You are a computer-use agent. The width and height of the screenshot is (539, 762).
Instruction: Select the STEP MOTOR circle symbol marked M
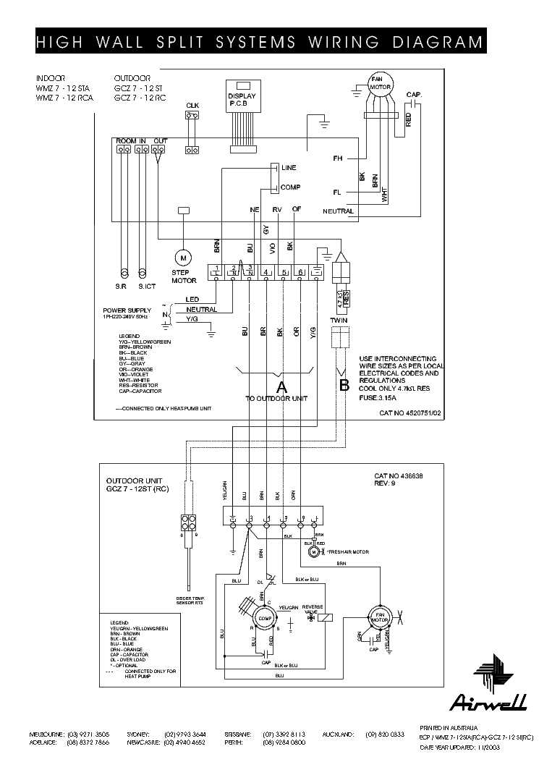click(x=183, y=257)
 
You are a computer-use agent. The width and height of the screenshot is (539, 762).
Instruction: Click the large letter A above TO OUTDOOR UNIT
click(x=282, y=386)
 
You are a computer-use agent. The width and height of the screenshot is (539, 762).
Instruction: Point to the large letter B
click(x=344, y=385)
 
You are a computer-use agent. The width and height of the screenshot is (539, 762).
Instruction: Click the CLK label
click(x=192, y=106)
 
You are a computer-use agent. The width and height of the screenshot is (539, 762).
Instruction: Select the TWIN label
click(x=339, y=319)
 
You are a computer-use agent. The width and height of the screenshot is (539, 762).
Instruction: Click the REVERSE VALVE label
click(x=312, y=609)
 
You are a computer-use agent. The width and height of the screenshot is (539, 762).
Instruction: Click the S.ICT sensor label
click(x=146, y=287)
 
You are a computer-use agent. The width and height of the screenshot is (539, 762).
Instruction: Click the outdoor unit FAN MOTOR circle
click(x=379, y=617)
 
